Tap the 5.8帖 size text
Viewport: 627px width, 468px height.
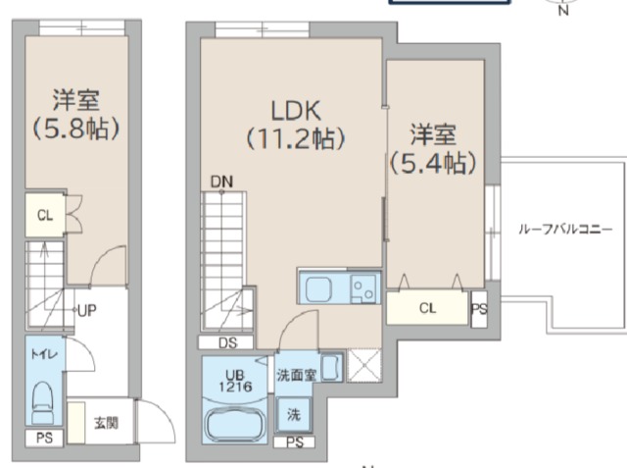point(76,128)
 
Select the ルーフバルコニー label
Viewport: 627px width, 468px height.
point(565,230)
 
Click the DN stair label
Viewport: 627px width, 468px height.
point(221,182)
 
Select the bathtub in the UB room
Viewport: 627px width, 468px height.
point(235,424)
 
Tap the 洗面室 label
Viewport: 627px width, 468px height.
point(296,374)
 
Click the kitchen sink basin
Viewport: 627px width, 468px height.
point(321,289)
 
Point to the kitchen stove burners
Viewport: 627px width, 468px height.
point(361,289)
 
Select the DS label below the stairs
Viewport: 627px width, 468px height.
point(227,343)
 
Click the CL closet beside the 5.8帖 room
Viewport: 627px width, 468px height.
point(45,217)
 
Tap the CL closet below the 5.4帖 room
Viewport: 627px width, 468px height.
point(427,308)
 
